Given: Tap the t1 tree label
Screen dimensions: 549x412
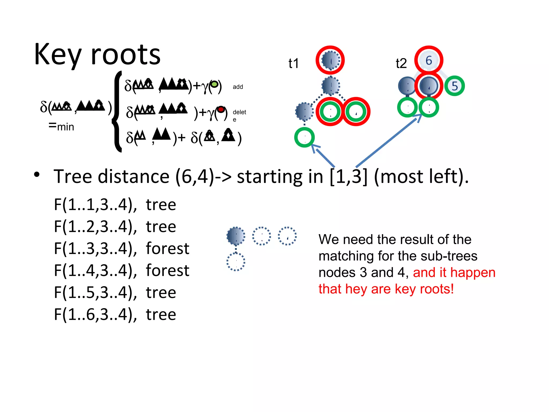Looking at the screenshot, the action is (x=294, y=64).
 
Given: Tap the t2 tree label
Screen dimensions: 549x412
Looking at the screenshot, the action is (x=401, y=64).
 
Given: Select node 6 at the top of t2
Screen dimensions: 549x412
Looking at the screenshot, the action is (x=429, y=60).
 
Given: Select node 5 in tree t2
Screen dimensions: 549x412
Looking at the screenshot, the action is (x=455, y=86).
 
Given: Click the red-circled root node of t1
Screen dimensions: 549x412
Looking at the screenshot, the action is (x=330, y=60).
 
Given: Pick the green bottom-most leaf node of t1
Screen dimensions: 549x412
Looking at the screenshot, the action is (x=304, y=137).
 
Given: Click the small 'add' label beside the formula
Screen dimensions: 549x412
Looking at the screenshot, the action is (x=238, y=87).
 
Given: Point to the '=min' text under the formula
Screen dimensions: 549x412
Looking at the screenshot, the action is (x=61, y=126).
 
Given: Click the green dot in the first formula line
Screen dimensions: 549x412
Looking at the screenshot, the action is (x=214, y=84).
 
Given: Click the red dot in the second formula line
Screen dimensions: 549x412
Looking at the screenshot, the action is (x=221, y=109).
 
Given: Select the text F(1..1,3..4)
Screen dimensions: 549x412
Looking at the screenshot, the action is (x=95, y=205).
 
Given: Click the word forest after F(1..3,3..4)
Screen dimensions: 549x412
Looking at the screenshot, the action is (x=168, y=248).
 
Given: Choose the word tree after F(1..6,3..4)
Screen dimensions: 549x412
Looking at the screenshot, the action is (x=161, y=314).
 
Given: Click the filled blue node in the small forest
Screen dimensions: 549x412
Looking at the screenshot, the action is (x=236, y=236).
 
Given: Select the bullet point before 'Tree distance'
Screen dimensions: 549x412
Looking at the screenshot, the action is (x=37, y=175).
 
